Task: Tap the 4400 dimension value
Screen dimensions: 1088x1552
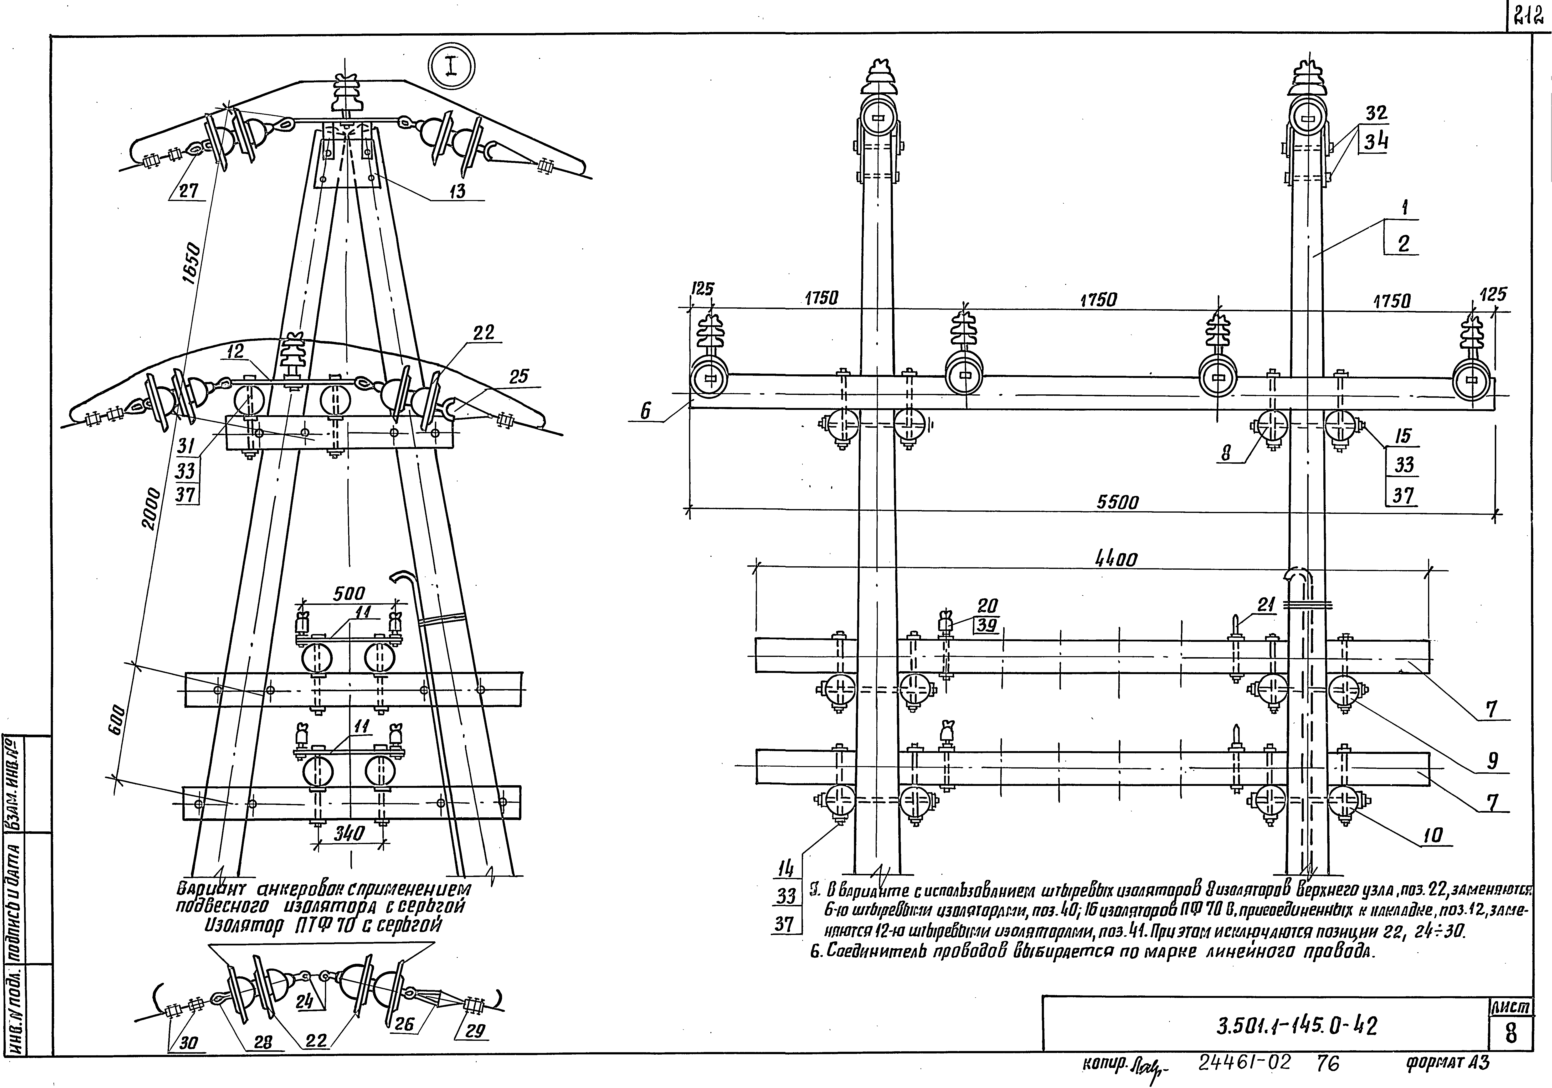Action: [x=1116, y=558]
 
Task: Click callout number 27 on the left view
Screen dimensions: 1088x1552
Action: [x=189, y=191]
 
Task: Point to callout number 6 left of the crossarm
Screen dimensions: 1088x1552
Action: [x=646, y=410]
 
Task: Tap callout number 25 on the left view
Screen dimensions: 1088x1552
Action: [x=519, y=377]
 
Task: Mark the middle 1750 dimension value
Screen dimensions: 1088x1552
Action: [x=1098, y=299]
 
